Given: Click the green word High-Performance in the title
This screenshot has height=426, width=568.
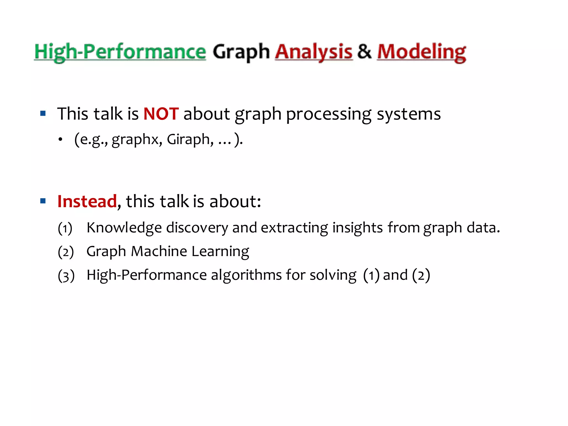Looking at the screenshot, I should pyautogui.click(x=120, y=52).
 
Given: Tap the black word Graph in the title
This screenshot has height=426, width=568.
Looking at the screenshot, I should pyautogui.click(x=241, y=52).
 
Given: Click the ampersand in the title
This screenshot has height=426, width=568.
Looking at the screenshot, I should pyautogui.click(x=364, y=51).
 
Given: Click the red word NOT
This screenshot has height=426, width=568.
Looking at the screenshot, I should pyautogui.click(x=161, y=114).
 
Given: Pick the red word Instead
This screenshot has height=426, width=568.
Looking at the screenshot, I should pyautogui.click(x=87, y=201).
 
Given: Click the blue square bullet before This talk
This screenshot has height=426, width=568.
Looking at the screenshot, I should pyautogui.click(x=43, y=113).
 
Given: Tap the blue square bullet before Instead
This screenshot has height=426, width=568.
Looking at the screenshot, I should pyautogui.click(x=43, y=201).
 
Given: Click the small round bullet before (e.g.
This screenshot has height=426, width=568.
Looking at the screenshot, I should pyautogui.click(x=60, y=140).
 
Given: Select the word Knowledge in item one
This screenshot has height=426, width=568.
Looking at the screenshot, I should pyautogui.click(x=124, y=228).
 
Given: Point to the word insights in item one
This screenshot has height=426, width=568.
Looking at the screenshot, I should pyautogui.click(x=357, y=228).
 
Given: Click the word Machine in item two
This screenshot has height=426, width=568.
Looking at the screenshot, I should pyautogui.click(x=159, y=251).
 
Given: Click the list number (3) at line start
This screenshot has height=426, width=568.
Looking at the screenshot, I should pyautogui.click(x=66, y=276).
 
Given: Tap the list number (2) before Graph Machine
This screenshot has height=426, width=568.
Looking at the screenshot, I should pyautogui.click(x=66, y=252).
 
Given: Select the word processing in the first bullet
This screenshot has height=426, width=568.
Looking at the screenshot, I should pyautogui.click(x=328, y=114).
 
